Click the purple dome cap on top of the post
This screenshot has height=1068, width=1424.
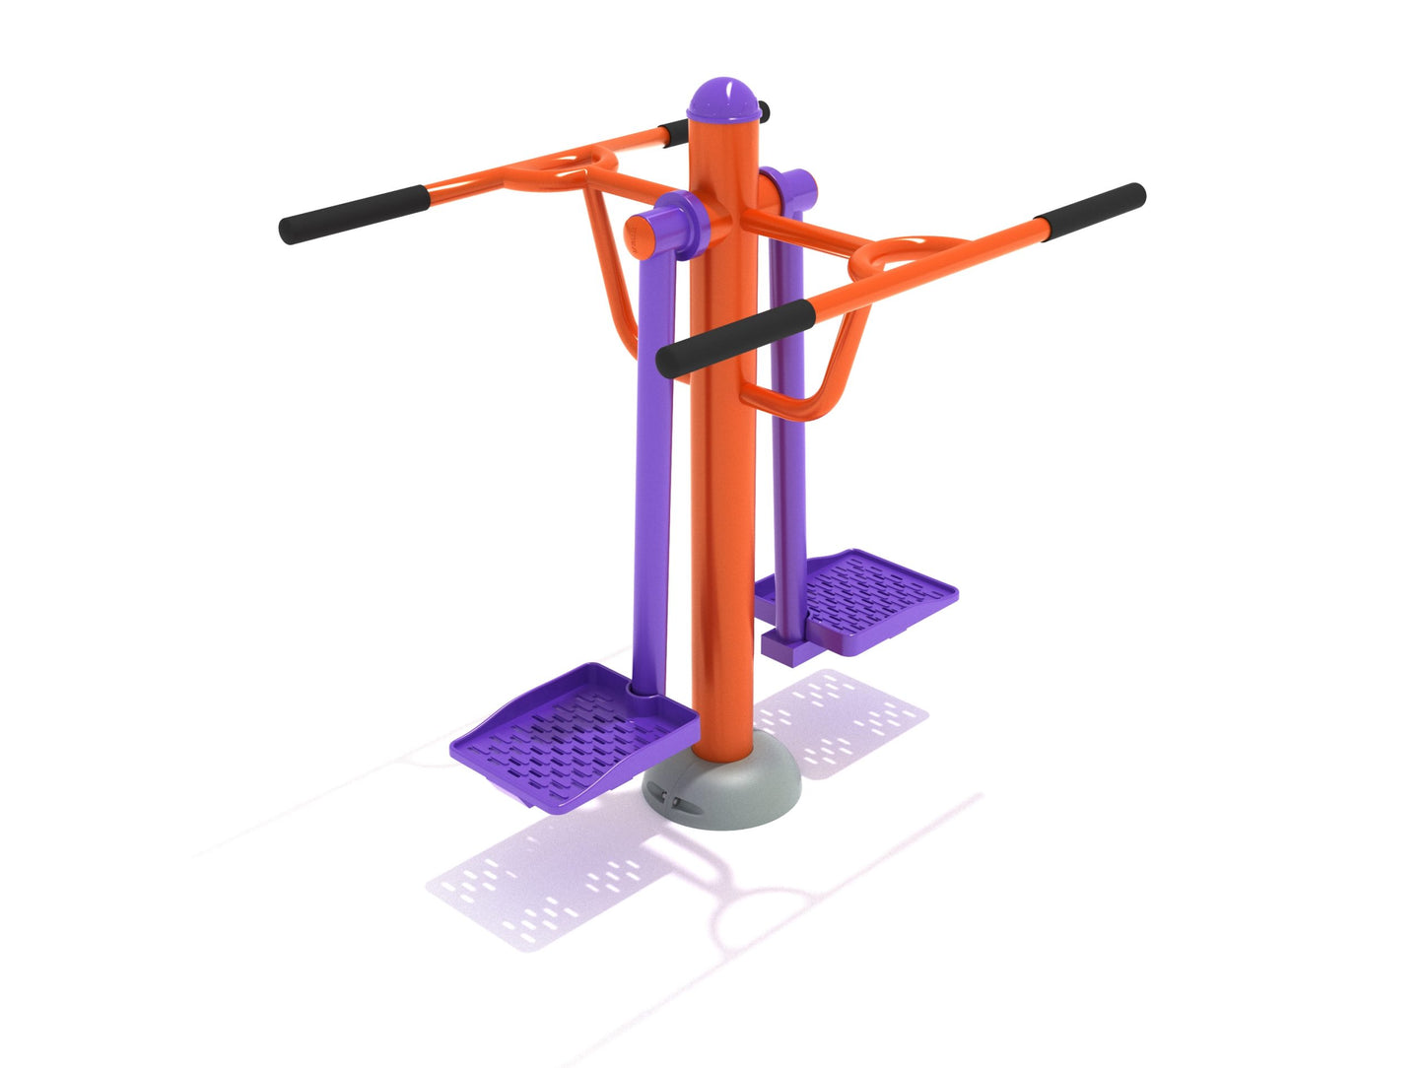pyautogui.click(x=727, y=100)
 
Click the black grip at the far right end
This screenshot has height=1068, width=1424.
pyautogui.click(x=1093, y=209)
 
